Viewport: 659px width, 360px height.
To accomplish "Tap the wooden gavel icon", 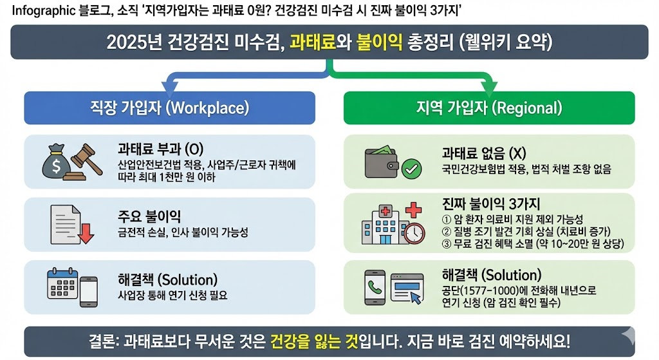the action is click(x=86, y=162).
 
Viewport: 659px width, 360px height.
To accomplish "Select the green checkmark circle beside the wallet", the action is click(x=411, y=169).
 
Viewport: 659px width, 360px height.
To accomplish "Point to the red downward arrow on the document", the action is click(x=86, y=233).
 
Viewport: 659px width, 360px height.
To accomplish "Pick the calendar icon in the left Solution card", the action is click(x=62, y=283).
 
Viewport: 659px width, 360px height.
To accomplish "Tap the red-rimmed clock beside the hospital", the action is click(x=414, y=233).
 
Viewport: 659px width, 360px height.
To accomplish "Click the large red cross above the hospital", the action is click(x=413, y=209).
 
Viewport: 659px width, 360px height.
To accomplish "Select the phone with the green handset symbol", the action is click(x=375, y=288).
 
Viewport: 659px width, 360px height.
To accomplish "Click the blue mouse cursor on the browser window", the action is click(x=416, y=298).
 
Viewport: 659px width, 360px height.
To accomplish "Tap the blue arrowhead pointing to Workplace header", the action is click(x=170, y=88).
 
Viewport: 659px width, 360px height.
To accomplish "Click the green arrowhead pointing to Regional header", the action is click(x=489, y=88).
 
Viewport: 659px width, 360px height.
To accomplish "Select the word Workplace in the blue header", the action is click(x=207, y=108).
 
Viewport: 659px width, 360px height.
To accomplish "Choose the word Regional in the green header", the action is click(x=527, y=108).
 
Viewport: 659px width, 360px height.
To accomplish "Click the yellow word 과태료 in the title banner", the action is click(x=313, y=42).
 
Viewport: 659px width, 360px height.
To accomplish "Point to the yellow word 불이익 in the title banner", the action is click(x=379, y=42).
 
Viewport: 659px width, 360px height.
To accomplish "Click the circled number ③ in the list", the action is click(x=447, y=244).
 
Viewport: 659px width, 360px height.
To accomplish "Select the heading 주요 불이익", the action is click(x=149, y=216).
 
